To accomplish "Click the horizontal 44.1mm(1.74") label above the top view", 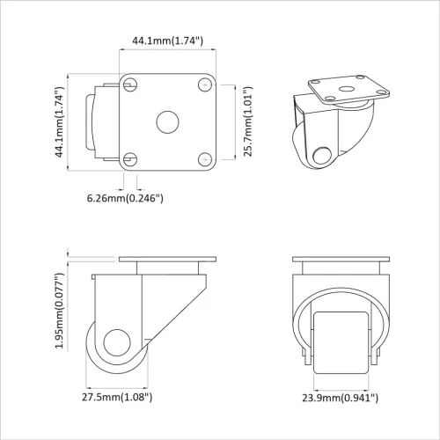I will click(x=167, y=40).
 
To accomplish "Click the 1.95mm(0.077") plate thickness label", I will click(x=59, y=304).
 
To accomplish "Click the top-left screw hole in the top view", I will click(x=130, y=84).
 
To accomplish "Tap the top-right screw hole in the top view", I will click(x=204, y=84).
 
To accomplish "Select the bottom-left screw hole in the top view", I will click(x=130, y=159).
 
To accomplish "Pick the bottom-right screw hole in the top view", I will click(x=204, y=159).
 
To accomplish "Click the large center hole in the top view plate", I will click(x=167, y=121).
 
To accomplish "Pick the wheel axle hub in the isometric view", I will click(x=323, y=157).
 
